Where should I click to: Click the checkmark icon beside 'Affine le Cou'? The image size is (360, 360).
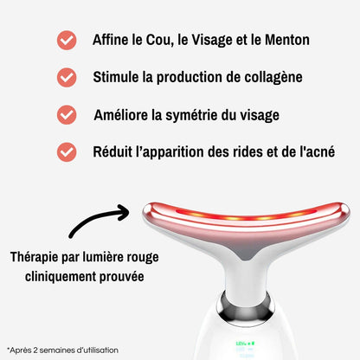tap(66, 41)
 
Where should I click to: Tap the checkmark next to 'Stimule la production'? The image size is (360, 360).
tap(66, 77)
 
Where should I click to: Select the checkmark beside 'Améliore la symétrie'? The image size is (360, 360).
tap(66, 114)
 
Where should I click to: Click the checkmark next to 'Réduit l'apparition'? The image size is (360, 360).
tap(66, 151)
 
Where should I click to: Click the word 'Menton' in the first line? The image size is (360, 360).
tap(282, 40)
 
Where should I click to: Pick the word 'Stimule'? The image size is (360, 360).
tap(119, 77)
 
